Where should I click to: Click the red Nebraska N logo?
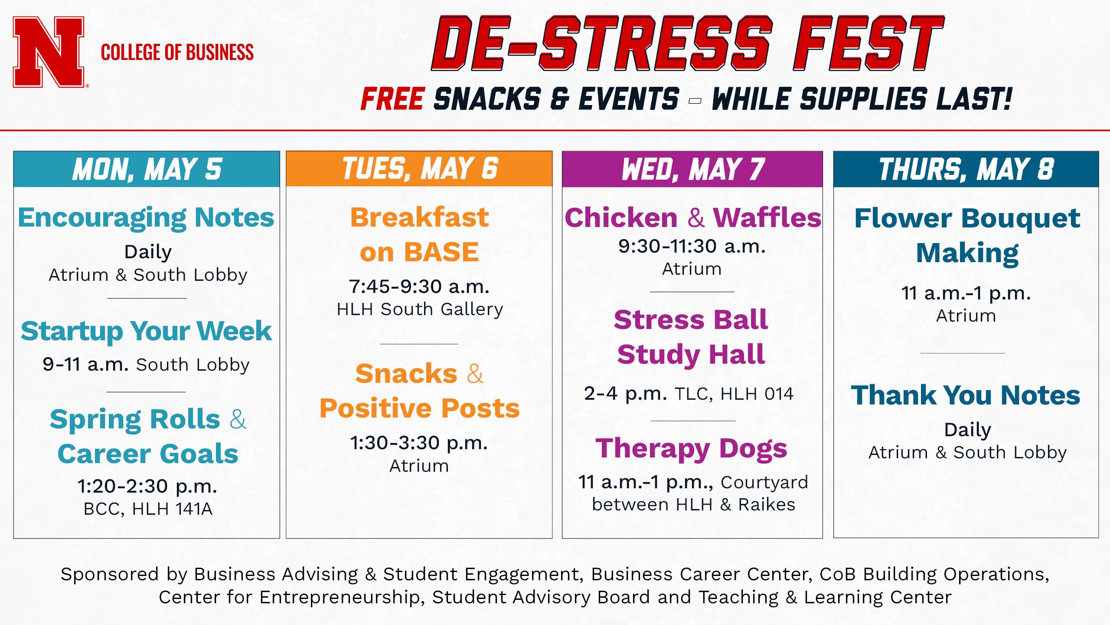tap(49, 52)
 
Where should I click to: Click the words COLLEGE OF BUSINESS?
tap(177, 53)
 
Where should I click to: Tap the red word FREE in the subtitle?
tap(392, 99)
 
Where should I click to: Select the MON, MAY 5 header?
tap(147, 169)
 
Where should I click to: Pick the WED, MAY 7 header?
tap(692, 169)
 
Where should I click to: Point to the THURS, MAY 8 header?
tap(966, 169)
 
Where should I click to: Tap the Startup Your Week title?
tap(146, 332)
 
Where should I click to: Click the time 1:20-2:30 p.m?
tap(147, 487)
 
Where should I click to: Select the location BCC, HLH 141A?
tap(148, 509)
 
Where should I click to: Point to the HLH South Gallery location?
tap(420, 309)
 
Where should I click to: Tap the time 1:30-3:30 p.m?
tap(419, 443)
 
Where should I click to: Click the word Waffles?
tap(767, 217)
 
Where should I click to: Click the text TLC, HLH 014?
tap(734, 394)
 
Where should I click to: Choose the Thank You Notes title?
tap(966, 395)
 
